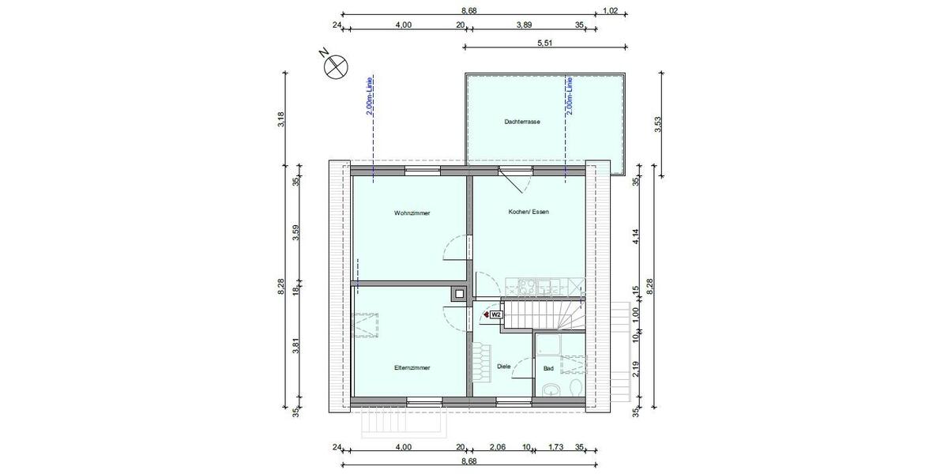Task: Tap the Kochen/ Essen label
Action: click(529, 212)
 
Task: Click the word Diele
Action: click(504, 367)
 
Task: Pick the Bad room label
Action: click(548, 368)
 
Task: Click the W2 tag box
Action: click(496, 314)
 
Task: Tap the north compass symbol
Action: click(335, 66)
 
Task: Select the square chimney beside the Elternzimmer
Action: click(459, 294)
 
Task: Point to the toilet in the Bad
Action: click(576, 387)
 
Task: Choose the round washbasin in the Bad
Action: click(550, 389)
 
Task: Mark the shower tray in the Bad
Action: click(547, 345)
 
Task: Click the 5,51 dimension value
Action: click(544, 43)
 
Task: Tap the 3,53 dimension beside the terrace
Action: click(657, 124)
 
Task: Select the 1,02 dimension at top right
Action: click(609, 11)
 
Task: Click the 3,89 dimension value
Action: click(524, 25)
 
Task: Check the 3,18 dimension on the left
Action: click(282, 118)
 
